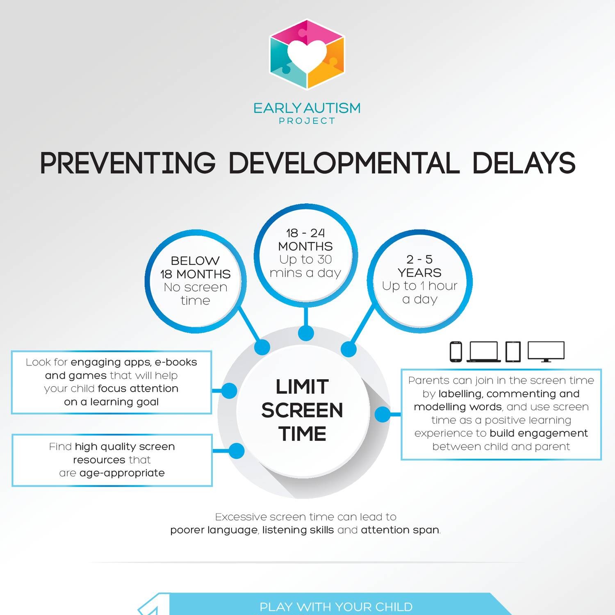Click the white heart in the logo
307,54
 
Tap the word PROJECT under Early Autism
307,121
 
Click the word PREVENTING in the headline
128,163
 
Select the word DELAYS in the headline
524,163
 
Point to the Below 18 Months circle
195,281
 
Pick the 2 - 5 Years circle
419,280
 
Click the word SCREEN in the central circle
302,410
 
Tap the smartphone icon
456,352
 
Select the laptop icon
484,352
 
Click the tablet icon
513,352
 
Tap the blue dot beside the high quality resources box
236,451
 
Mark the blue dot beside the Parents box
383,414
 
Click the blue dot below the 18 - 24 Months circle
306,333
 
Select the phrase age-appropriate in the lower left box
122,473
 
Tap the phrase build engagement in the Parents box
539,433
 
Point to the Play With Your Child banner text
336,607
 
